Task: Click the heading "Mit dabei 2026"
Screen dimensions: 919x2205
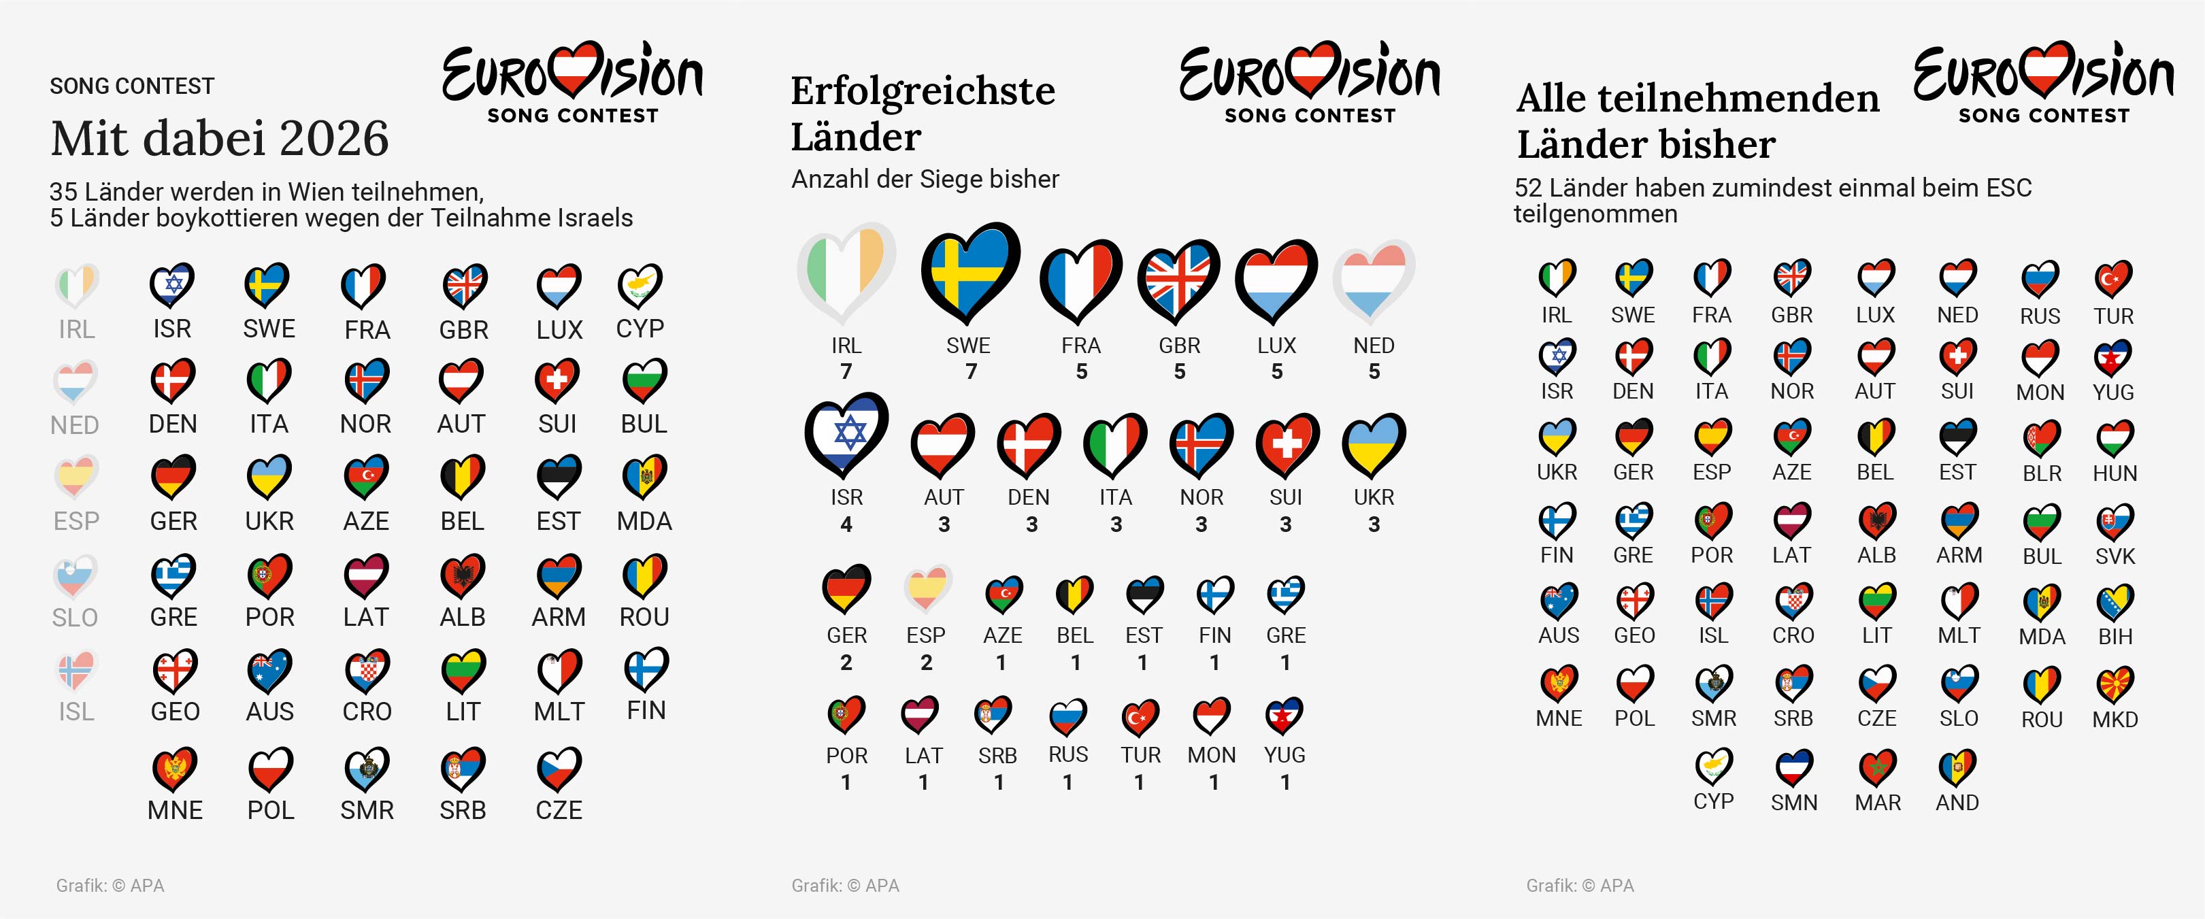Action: [219, 139]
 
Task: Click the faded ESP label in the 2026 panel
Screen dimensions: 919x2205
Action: [76, 521]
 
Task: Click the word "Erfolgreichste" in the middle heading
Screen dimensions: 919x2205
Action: [922, 90]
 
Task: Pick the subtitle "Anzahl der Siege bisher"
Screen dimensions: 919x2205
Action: [925, 179]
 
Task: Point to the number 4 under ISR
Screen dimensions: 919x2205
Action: [846, 524]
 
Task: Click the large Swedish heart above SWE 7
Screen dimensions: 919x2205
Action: [969, 271]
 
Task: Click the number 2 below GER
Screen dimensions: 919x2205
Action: [846, 663]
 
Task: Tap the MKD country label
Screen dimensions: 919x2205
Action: [2115, 720]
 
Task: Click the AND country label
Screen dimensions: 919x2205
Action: [1957, 803]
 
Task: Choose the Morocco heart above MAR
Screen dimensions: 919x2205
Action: [1876, 767]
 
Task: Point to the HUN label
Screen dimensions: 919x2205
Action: [2115, 473]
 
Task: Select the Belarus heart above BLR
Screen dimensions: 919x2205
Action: [2042, 438]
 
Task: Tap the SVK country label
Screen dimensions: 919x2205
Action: [2115, 556]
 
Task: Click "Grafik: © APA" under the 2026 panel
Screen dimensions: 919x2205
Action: [110, 886]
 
